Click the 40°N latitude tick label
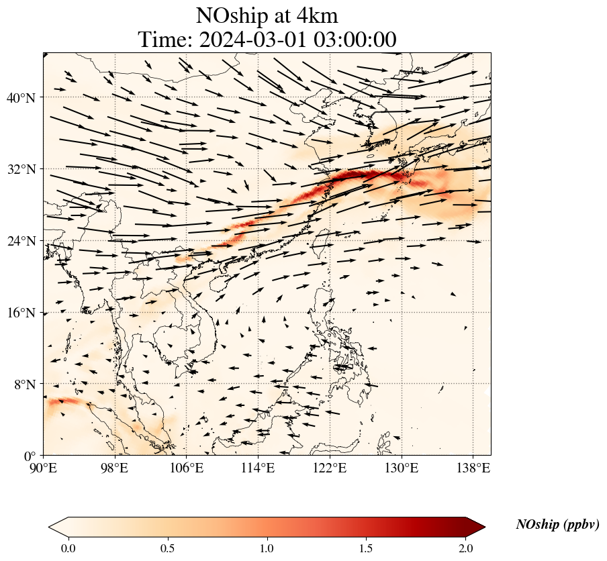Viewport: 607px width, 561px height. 20,98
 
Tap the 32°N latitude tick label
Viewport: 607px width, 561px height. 20,170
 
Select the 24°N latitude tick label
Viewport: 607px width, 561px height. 20,242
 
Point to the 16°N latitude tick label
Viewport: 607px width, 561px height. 20,313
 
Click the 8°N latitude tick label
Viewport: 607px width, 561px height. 24,385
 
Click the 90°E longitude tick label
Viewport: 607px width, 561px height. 44,468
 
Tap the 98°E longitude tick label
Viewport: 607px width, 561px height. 115,468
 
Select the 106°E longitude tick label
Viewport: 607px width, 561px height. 187,468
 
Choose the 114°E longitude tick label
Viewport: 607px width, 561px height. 259,468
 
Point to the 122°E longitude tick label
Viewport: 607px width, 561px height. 330,468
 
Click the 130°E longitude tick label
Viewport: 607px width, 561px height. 402,468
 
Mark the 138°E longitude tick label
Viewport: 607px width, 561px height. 473,468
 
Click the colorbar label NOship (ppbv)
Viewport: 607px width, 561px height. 557,525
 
